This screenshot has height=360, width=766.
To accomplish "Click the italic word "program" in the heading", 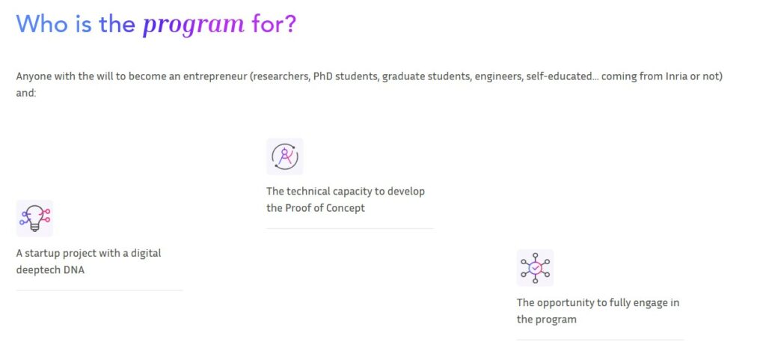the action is (x=194, y=25).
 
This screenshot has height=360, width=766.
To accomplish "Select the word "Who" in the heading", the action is (x=42, y=23).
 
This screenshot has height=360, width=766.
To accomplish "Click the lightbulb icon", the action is (x=34, y=219).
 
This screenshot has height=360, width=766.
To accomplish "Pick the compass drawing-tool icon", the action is (x=285, y=156).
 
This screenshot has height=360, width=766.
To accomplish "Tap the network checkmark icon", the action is (x=535, y=268).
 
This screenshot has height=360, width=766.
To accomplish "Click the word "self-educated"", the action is (x=558, y=76).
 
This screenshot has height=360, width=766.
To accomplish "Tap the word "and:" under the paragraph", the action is (x=26, y=93).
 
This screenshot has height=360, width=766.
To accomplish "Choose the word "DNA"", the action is (x=74, y=269).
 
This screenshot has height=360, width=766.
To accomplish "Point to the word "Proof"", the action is (x=298, y=208).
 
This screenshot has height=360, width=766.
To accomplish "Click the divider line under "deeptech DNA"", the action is (x=99, y=290).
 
